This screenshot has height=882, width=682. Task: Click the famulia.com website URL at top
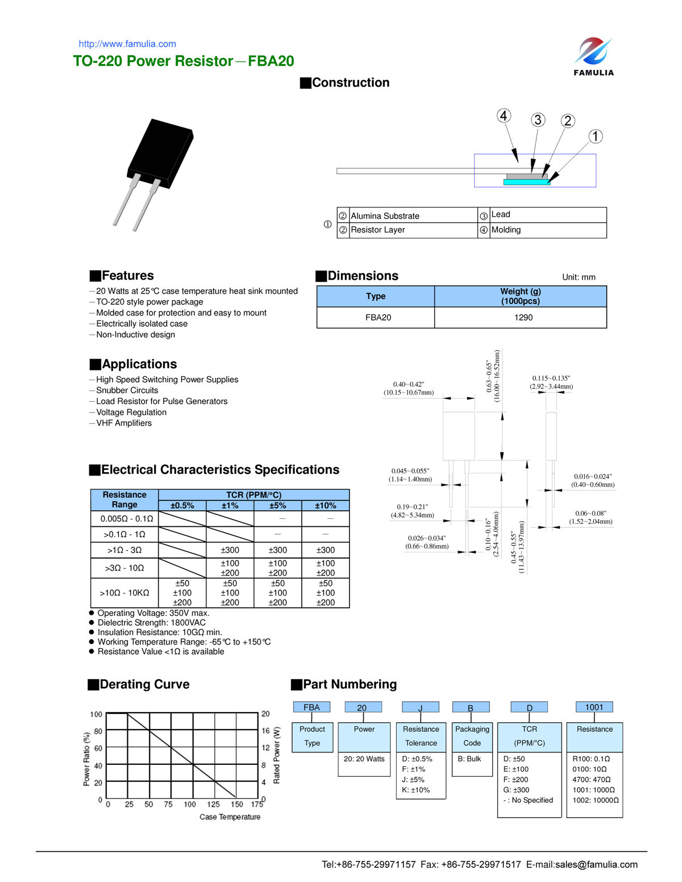tap(127, 44)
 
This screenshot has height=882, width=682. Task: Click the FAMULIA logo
tap(593, 56)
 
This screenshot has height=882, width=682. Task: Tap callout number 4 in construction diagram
tap(504, 116)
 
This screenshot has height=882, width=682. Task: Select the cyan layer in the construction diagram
tap(527, 182)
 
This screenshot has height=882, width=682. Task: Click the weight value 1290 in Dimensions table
tap(523, 318)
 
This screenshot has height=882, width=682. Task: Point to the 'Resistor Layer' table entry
tap(377, 230)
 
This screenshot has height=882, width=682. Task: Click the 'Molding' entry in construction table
tap(506, 230)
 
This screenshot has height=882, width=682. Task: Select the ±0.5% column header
tap(182, 506)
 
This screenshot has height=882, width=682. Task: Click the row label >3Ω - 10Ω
tap(124, 568)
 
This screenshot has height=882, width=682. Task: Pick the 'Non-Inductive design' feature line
tap(135, 335)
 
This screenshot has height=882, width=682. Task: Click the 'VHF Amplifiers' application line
tap(124, 423)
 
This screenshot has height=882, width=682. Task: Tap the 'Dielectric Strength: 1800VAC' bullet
tap(151, 623)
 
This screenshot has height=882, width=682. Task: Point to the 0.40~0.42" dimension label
tap(409, 385)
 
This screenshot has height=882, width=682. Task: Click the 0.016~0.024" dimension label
tap(593, 477)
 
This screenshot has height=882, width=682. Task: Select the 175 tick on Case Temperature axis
tap(257, 804)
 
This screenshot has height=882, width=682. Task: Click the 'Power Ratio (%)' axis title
tap(86, 759)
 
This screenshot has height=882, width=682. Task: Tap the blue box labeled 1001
tap(594, 708)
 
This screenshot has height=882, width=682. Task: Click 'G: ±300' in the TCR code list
tap(516, 790)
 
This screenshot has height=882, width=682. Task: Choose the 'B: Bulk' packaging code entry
tap(469, 759)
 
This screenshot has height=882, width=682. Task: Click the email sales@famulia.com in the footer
tap(596, 864)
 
